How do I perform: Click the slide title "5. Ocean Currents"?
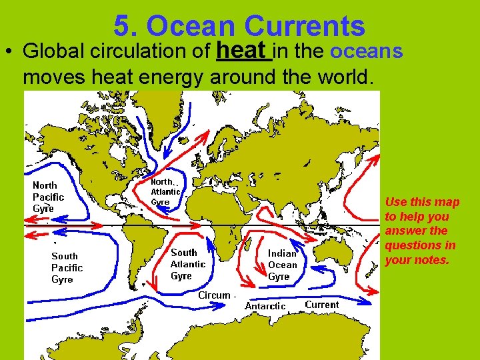click(x=239, y=26)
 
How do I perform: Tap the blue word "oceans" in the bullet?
click(x=367, y=51)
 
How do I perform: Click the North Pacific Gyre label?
click(x=48, y=197)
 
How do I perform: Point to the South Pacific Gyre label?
click(x=67, y=267)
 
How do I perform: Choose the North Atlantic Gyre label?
click(x=165, y=191)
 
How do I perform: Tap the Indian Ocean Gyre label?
click(x=282, y=265)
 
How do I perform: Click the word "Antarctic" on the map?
click(x=265, y=306)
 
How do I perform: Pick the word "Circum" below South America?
click(x=215, y=295)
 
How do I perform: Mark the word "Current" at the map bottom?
click(x=322, y=305)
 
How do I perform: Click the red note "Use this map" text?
click(x=422, y=202)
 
